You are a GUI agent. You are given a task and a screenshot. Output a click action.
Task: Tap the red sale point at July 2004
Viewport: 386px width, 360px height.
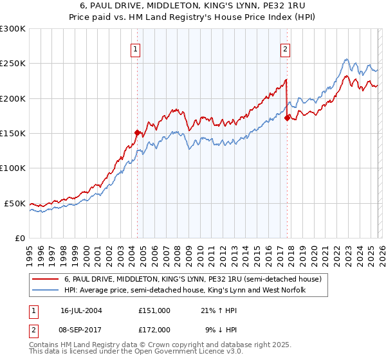[x=137, y=132]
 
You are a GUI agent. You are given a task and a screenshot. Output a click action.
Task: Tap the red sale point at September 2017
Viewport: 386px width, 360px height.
[x=287, y=118]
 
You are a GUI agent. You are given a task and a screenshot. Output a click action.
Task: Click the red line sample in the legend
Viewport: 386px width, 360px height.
[x=46, y=279]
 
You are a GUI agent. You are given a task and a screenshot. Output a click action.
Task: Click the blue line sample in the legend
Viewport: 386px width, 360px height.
[x=46, y=291]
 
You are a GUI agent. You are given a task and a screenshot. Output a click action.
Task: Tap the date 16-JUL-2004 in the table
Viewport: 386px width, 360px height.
[x=81, y=310]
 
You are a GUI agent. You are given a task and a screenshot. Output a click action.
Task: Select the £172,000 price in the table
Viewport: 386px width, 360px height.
[x=154, y=329]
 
